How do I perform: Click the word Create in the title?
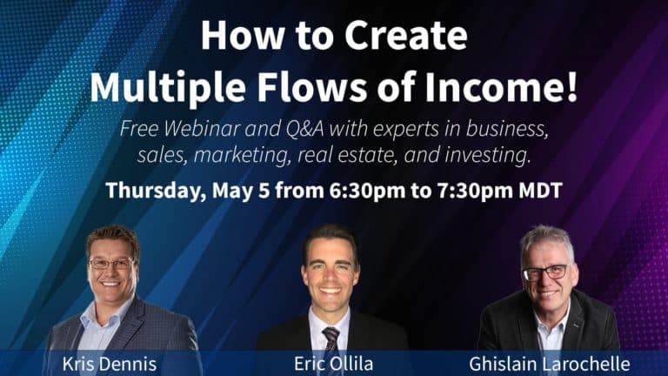(405, 37)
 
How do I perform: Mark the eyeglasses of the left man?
(111, 263)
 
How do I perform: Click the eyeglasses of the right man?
(546, 272)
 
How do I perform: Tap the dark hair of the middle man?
(330, 235)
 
